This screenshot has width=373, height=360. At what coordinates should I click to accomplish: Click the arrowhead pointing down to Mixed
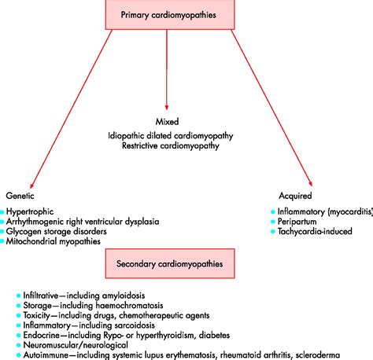pos(167,108)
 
